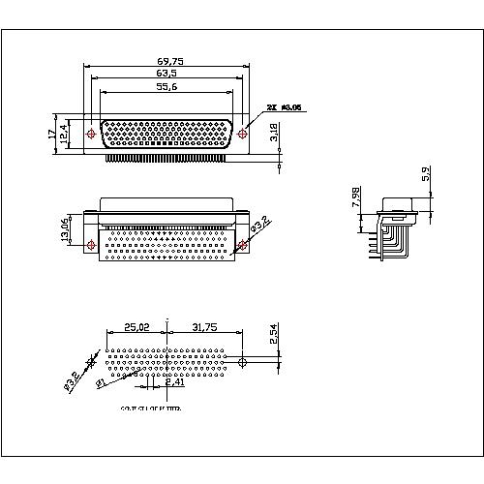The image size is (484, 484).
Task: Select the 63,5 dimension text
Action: pos(170,73)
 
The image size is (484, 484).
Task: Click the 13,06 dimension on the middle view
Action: pos(65,232)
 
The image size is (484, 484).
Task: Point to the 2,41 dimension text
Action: pos(174,381)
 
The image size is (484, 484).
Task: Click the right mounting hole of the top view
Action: pos(247,133)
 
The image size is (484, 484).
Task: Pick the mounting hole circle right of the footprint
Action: pos(242,362)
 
